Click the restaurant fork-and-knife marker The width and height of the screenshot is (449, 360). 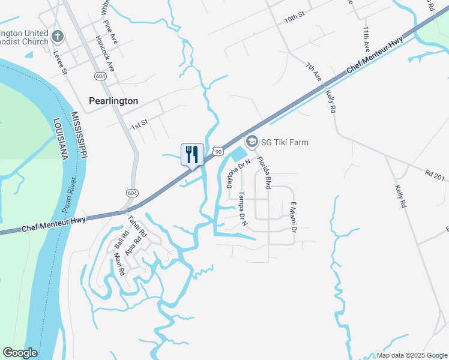click(x=193, y=154)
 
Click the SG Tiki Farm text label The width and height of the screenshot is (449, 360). click(x=285, y=142)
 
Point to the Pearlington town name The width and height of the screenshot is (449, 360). click(x=113, y=101)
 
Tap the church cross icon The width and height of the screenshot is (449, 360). click(x=58, y=37)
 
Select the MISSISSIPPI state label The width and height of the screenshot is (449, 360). click(x=79, y=135)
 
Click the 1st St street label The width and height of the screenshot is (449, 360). click(x=139, y=127)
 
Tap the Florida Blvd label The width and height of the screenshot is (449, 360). click(x=264, y=173)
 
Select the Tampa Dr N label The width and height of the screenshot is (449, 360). click(x=243, y=209)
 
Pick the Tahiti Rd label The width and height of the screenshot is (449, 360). click(x=138, y=229)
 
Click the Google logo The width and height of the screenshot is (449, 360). click(x=20, y=353)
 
